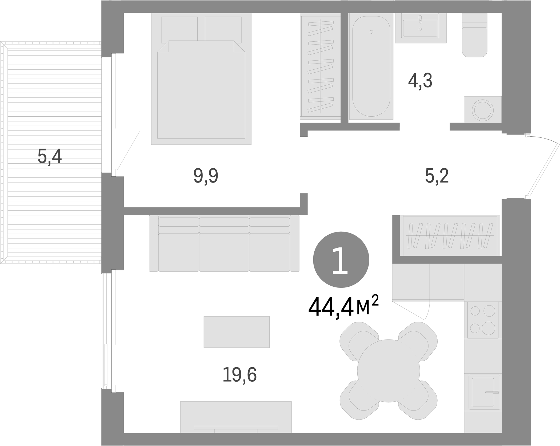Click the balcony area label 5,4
[50, 157]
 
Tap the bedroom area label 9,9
[206, 176]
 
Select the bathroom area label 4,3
[420, 81]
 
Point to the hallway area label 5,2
[437, 176]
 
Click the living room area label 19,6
[239, 375]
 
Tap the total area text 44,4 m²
[343, 307]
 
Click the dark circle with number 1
[341, 260]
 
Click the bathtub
[371, 67]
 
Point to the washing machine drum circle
[483, 110]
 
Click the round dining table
[388, 370]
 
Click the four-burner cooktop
[483, 320]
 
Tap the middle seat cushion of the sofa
[224, 252]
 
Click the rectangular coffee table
[237, 332]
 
